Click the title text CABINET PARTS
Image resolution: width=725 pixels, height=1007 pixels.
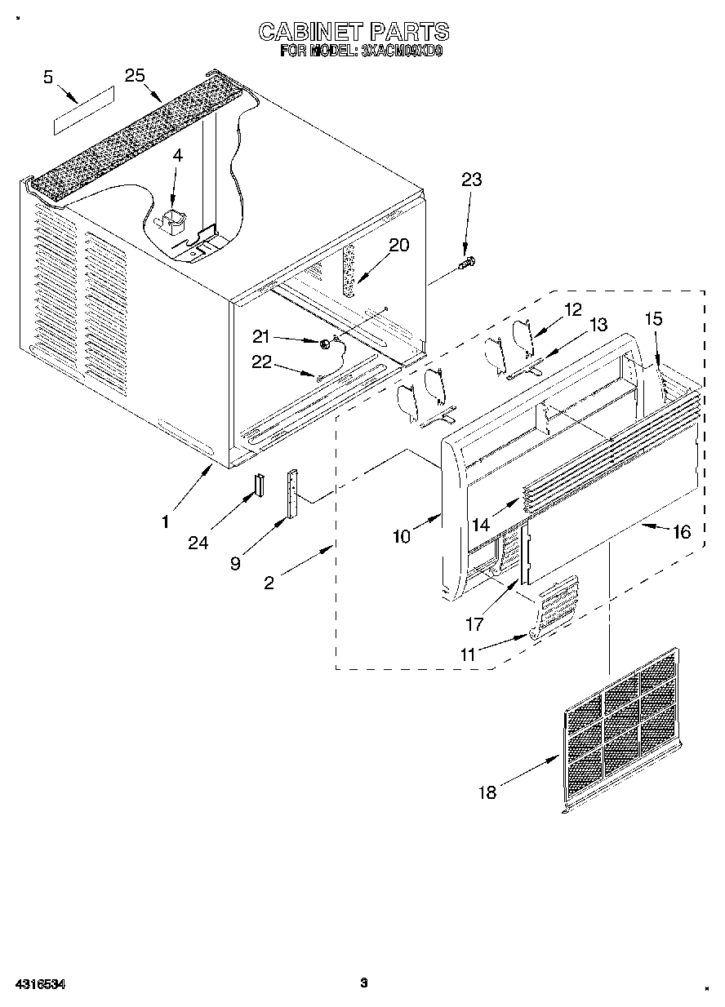354,32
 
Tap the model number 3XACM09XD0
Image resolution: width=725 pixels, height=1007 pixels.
400,51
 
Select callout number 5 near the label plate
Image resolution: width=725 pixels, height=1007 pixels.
48,78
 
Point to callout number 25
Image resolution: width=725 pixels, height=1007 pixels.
135,75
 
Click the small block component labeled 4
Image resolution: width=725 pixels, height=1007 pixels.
173,221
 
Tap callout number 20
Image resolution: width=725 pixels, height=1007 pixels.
399,245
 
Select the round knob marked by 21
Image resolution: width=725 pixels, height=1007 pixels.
326,344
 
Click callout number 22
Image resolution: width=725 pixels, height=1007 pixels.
262,363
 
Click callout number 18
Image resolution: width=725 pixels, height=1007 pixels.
487,792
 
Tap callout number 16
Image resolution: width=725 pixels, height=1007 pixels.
680,532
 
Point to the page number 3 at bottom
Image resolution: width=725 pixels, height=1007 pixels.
363,983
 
